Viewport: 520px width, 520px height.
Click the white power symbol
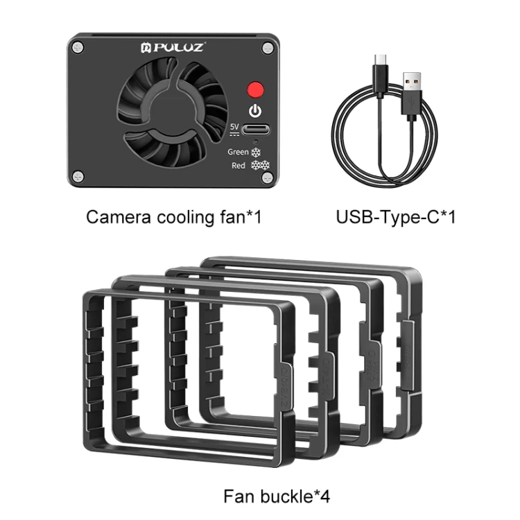(x=256, y=111)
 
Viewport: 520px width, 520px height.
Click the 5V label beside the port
(x=235, y=128)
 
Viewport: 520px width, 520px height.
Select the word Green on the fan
(x=238, y=151)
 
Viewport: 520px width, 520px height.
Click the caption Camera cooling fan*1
(x=173, y=217)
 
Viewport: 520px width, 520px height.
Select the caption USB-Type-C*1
(x=395, y=217)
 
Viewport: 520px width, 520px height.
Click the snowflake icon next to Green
(x=256, y=151)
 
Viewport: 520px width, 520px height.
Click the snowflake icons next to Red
(x=260, y=166)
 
